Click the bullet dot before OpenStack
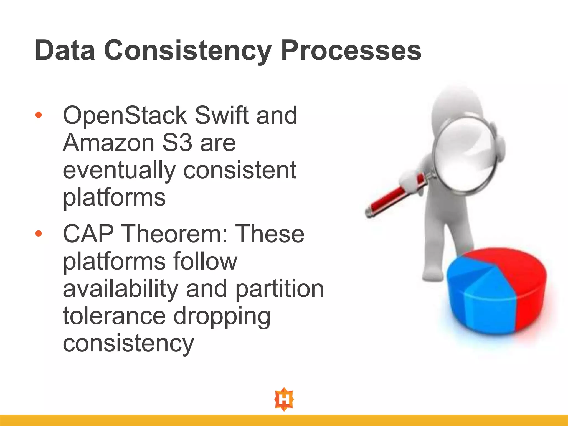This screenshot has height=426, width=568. pos(39,115)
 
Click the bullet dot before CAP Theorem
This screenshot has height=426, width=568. pos(39,234)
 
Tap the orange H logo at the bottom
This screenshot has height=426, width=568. pos(284,399)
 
